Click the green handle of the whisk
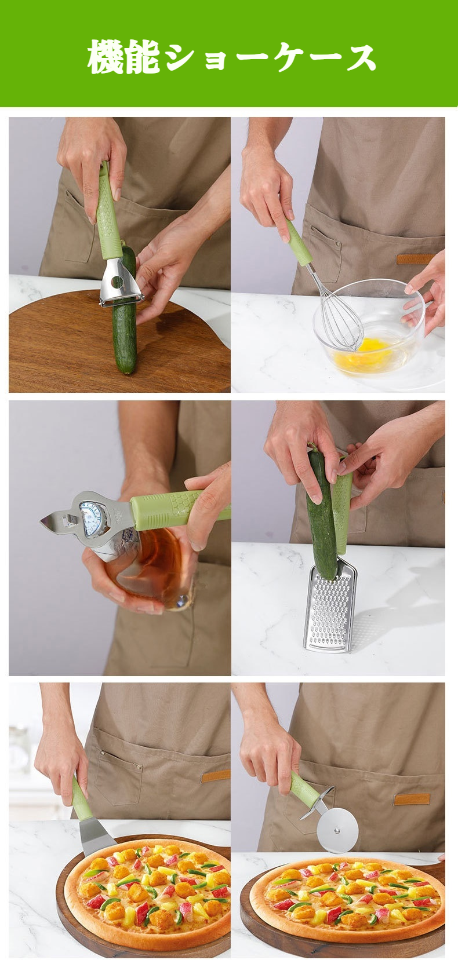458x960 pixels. (x=299, y=243)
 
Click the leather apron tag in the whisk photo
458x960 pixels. (x=415, y=259)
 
